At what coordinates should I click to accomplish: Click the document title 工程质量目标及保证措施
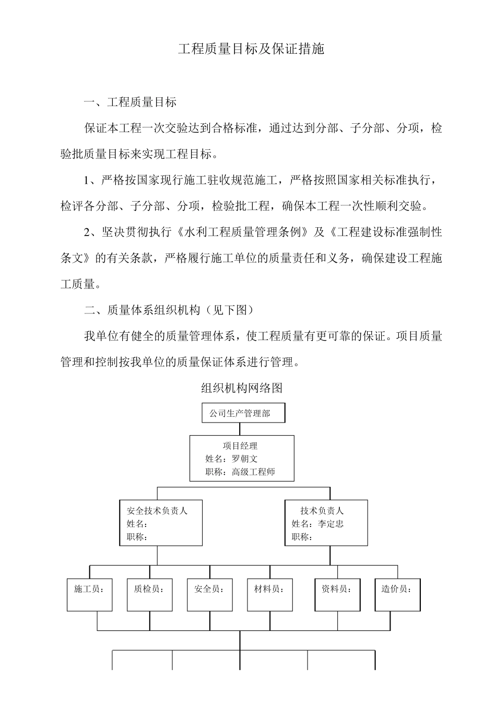pos(251,49)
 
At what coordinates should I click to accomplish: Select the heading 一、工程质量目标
pos(131,102)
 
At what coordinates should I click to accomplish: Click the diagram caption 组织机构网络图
pos(242,388)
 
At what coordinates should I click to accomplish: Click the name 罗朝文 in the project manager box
pos(244,459)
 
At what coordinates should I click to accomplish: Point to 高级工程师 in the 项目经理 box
pos(253,472)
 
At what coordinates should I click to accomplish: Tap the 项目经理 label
pos(240,446)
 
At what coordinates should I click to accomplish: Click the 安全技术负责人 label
pos(157,511)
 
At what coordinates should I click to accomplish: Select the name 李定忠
pos(330,524)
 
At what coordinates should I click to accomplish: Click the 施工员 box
pos(89,594)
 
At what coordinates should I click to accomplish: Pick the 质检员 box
pos(150,594)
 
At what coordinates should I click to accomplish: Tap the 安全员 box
pos(210,594)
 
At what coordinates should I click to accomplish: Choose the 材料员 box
pos(270,594)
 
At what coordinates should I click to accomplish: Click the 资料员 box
pos(337,594)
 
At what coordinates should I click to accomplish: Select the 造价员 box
pos(397,594)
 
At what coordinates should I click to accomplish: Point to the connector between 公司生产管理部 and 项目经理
pos(240,429)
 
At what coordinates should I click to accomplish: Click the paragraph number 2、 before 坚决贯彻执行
pos(92,232)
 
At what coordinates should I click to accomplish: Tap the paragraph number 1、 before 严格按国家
pos(92,180)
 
